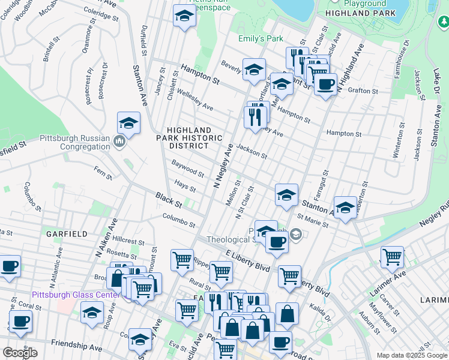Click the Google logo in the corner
pyautogui.click(x=20, y=353)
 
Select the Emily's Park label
pyautogui.click(x=261, y=39)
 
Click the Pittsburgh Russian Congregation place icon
pyautogui.click(x=119, y=142)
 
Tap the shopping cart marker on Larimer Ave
pyautogui.click(x=392, y=257)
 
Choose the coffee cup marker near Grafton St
pyautogui.click(x=325, y=85)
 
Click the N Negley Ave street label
pyautogui.click(x=223, y=166)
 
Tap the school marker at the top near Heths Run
pyautogui.click(x=184, y=17)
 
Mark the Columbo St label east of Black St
pyautogui.click(x=179, y=220)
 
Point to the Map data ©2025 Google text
pyautogui.click(x=412, y=355)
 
